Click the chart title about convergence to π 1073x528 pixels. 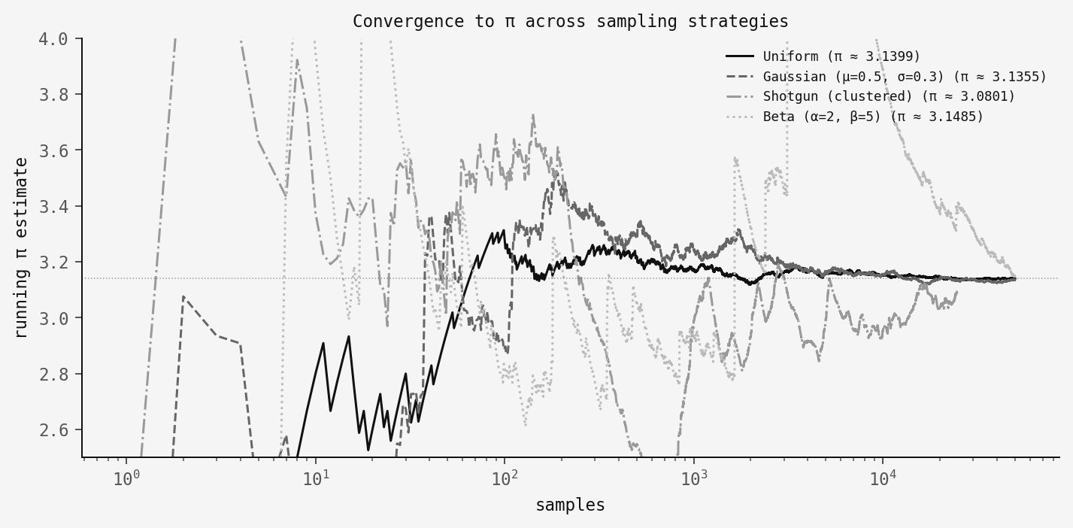[x=570, y=21]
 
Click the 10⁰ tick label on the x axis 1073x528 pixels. [x=127, y=478]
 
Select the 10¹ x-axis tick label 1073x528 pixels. [x=316, y=478]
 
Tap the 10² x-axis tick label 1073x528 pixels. [x=505, y=478]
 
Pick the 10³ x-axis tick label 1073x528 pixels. [x=693, y=478]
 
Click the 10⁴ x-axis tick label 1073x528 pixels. [x=882, y=478]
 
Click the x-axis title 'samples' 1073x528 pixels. [x=570, y=505]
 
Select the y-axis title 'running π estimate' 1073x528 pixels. [x=21, y=247]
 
